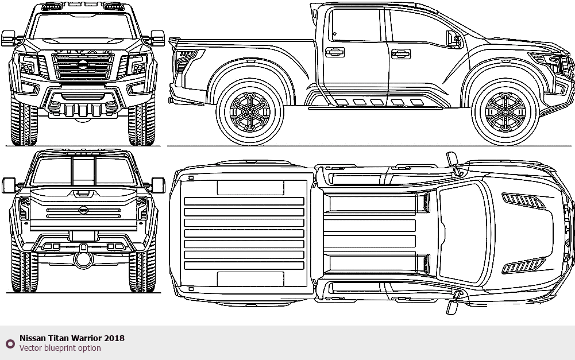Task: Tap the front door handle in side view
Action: tap(401, 54)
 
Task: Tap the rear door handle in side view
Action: tap(334, 52)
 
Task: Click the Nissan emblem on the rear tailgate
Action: tap(84, 211)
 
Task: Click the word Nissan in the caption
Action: tap(31, 338)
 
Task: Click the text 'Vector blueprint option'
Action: tap(60, 348)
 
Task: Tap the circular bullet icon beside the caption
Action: tap(10, 343)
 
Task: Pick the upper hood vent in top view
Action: tap(523, 199)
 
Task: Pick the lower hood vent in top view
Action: tap(523, 265)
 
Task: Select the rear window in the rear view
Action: tap(84, 171)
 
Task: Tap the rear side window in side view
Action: tap(355, 25)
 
